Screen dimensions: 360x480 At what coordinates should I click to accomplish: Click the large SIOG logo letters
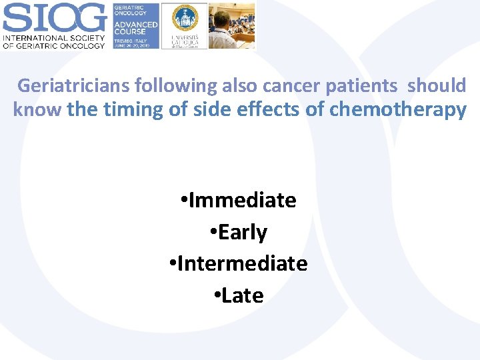coord(55,17)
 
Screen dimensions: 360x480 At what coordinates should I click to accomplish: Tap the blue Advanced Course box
coord(135,25)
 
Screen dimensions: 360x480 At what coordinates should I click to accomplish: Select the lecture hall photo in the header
coord(231,25)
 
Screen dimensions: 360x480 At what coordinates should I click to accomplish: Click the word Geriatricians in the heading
coord(73,86)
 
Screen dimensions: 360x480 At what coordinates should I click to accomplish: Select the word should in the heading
coord(437,86)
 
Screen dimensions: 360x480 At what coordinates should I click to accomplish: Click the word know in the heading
coord(37,110)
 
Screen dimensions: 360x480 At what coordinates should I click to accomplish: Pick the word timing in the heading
coord(132,110)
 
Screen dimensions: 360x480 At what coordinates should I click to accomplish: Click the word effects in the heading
coord(266,110)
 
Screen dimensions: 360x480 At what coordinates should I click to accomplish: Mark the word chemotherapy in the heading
coord(397,110)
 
